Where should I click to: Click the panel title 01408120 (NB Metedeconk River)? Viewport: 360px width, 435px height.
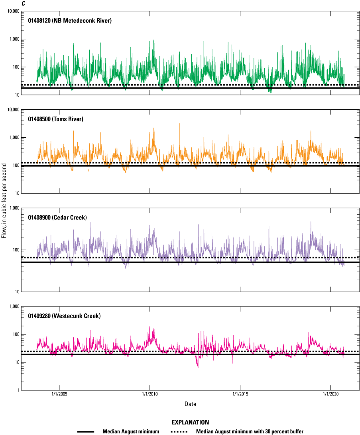click(x=69, y=20)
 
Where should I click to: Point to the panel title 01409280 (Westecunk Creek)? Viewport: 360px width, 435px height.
click(x=64, y=316)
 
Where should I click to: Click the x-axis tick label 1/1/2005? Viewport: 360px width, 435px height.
click(x=59, y=395)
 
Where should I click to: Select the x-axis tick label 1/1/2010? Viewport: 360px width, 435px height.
click(x=150, y=395)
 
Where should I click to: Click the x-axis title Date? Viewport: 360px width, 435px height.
click(x=190, y=404)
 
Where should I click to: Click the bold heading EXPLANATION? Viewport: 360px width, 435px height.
click(x=190, y=422)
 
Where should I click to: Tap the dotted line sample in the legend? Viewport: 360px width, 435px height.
click(x=180, y=431)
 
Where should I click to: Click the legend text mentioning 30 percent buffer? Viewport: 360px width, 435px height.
click(x=252, y=431)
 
